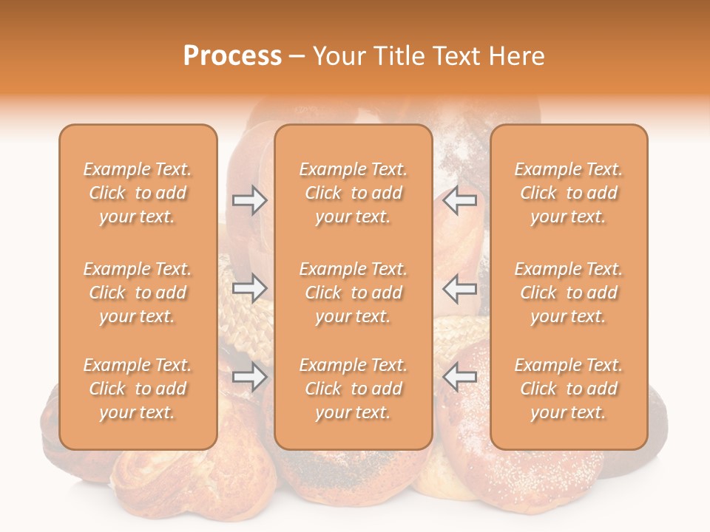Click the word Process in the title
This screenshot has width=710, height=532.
coord(232,56)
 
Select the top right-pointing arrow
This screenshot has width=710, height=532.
coord(249,200)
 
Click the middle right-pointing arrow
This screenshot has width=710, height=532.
coord(249,288)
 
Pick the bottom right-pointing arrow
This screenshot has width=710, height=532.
coord(249,378)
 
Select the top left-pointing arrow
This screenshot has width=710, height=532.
coord(460,200)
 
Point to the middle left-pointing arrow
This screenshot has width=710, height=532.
coord(460,288)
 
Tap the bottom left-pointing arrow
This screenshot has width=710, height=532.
coord(460,378)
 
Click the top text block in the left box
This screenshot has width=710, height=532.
coord(138,193)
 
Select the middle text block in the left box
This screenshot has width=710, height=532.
coord(138,293)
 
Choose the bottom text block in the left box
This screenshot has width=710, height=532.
coord(138,389)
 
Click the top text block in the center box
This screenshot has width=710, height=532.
coord(354,193)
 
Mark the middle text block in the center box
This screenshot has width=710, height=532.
coord(354,293)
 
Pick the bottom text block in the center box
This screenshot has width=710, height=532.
coord(354,389)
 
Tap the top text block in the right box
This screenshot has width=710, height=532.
coord(569,193)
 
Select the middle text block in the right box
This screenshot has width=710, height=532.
coord(569,293)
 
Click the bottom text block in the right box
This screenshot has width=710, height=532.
coord(569,389)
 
